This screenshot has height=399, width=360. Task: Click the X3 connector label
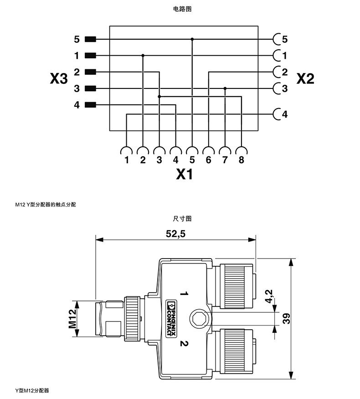(x=59, y=79)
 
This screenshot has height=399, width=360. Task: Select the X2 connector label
(x=305, y=79)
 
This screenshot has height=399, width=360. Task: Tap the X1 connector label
(x=184, y=174)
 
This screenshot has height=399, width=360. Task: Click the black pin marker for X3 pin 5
(x=90, y=39)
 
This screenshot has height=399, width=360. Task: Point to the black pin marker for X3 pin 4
(x=90, y=105)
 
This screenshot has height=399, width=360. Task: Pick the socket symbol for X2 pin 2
(x=276, y=72)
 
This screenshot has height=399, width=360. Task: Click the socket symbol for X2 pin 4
(x=276, y=114)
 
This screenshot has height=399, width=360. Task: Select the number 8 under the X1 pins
(x=241, y=160)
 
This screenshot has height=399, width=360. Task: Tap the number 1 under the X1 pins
(x=126, y=160)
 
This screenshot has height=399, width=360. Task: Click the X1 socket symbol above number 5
(x=192, y=150)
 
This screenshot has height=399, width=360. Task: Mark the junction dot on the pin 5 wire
(x=192, y=39)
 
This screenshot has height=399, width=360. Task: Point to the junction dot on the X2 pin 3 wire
(x=225, y=88)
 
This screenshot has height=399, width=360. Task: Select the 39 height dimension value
(x=286, y=318)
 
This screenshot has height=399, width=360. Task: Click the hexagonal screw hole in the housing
(x=199, y=318)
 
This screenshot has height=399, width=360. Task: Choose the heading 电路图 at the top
(x=180, y=9)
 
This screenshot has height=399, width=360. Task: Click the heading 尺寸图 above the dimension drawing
(x=180, y=218)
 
